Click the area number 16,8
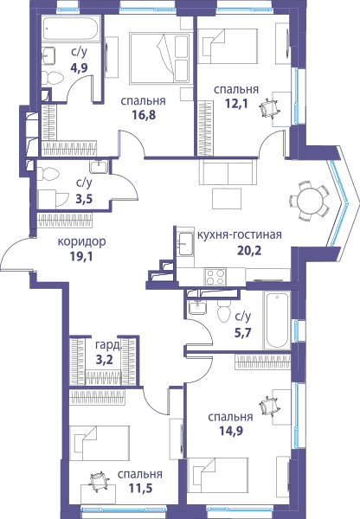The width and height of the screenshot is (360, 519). click(144, 115)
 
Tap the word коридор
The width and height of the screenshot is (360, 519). click(82, 241)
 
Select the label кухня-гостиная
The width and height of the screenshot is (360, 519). click(240, 234)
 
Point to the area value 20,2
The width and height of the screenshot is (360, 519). click(249, 251)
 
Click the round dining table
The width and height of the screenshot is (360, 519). click(310, 201)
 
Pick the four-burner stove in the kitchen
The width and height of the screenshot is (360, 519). click(215, 277)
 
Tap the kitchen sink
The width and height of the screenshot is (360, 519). click(185, 244)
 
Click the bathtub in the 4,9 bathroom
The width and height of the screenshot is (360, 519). click(72, 29)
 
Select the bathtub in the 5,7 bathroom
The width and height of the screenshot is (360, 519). click(277, 319)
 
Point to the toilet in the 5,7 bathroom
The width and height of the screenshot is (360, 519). click(224, 311)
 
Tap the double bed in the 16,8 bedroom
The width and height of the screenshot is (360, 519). click(161, 58)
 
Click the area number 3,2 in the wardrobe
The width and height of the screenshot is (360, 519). click(105, 360)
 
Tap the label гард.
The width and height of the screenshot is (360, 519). click(108, 345)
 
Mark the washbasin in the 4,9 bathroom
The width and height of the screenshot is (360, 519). click(49, 55)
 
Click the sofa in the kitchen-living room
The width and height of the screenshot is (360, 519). click(228, 171)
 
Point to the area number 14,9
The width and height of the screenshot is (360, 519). click(231, 431)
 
